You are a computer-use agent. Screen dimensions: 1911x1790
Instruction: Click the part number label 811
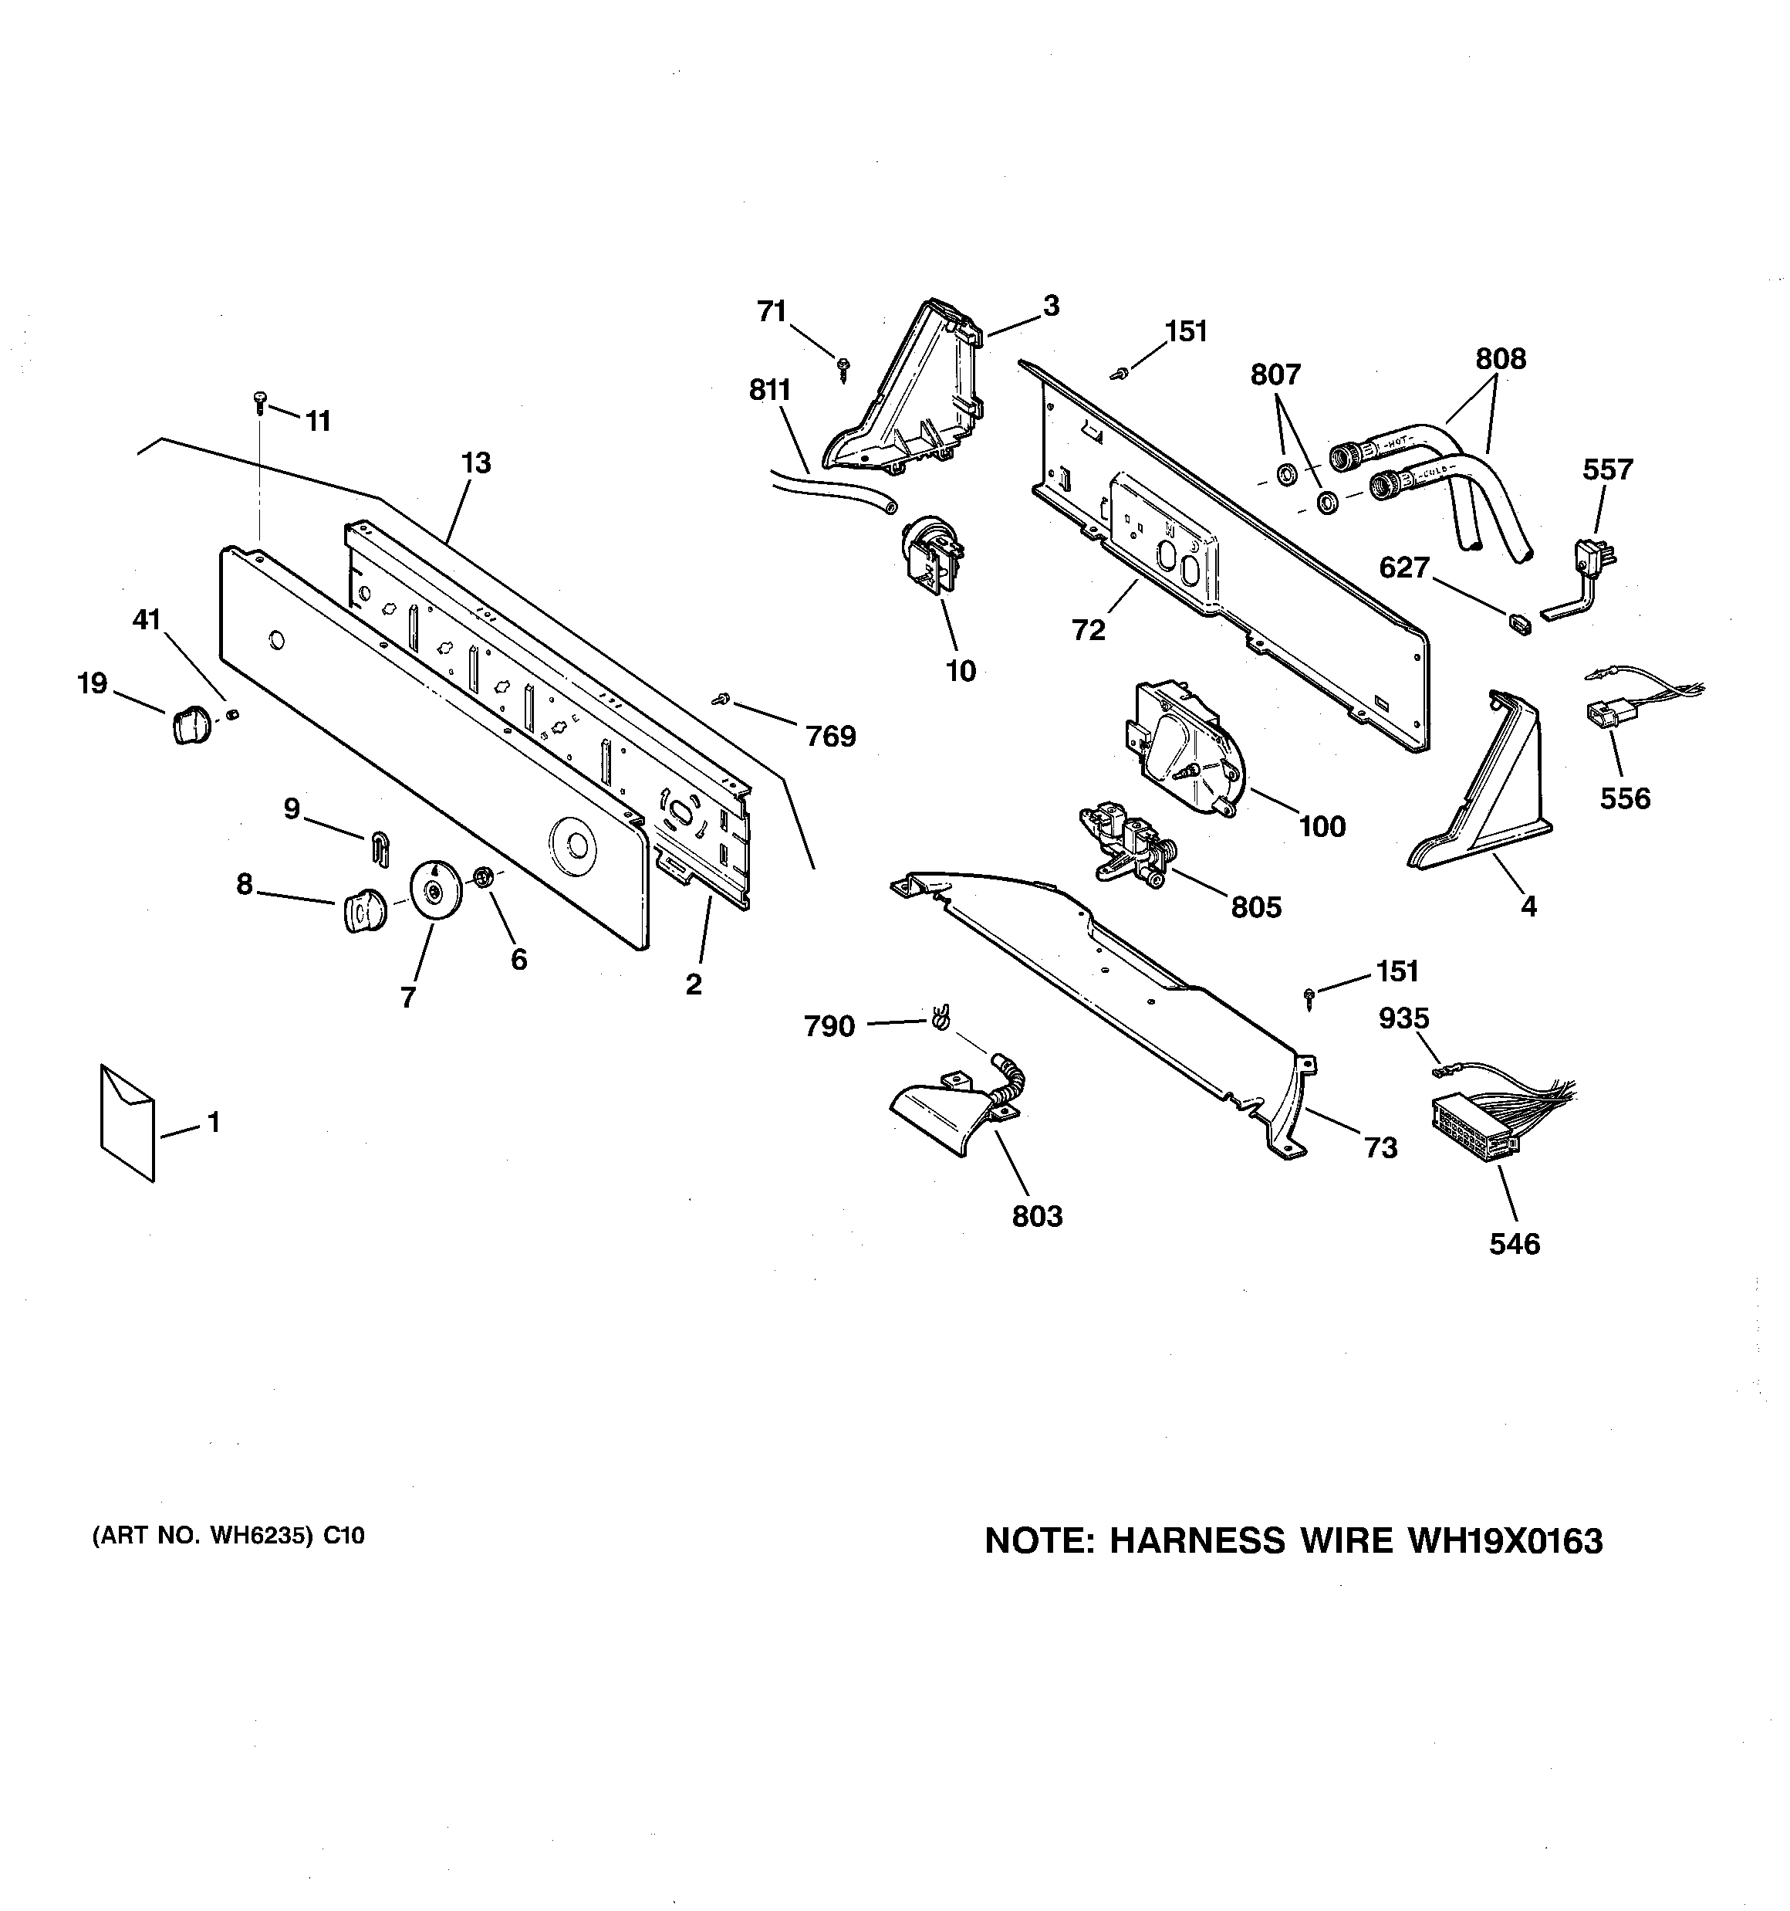point(769,390)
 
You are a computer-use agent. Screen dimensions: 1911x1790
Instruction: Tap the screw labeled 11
point(259,401)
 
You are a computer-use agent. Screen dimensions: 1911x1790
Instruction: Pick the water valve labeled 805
point(1129,843)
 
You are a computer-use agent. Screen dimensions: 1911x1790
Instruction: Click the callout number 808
point(1500,358)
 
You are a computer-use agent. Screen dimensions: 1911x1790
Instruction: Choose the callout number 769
point(830,737)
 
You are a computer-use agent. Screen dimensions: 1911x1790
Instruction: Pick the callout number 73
point(1381,1147)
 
